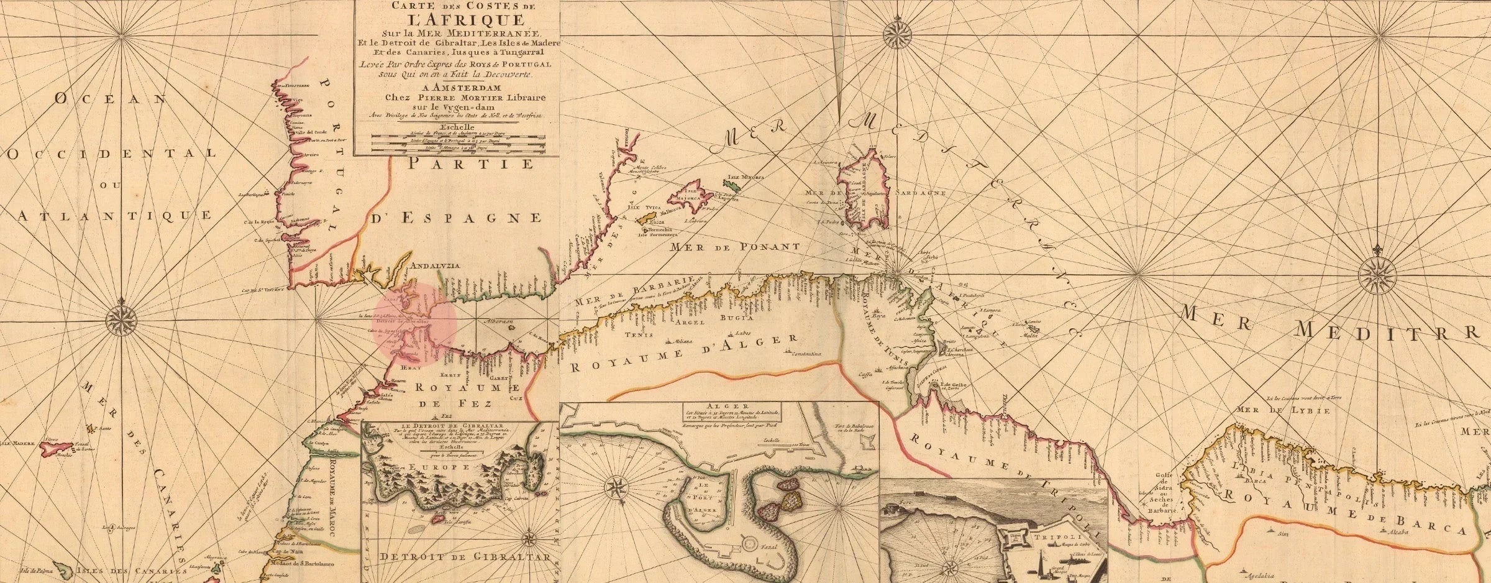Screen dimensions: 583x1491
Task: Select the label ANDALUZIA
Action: tap(432, 266)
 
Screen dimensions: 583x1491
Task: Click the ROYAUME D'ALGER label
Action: tap(684, 353)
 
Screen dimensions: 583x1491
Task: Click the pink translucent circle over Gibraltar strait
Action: tap(416, 324)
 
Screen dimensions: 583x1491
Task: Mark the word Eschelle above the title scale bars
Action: tap(456, 128)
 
